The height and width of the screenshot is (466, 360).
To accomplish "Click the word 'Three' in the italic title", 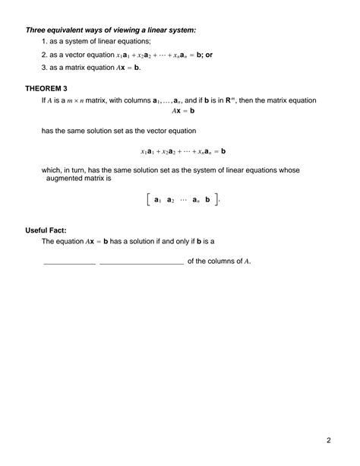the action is tap(37, 30).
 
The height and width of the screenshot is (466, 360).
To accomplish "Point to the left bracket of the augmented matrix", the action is tap(143, 199).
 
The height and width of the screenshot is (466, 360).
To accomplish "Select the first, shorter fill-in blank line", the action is tap(69, 263).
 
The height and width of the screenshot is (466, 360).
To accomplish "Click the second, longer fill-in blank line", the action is tap(141, 263).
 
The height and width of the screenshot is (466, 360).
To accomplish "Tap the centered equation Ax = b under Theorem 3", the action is tap(182, 111).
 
